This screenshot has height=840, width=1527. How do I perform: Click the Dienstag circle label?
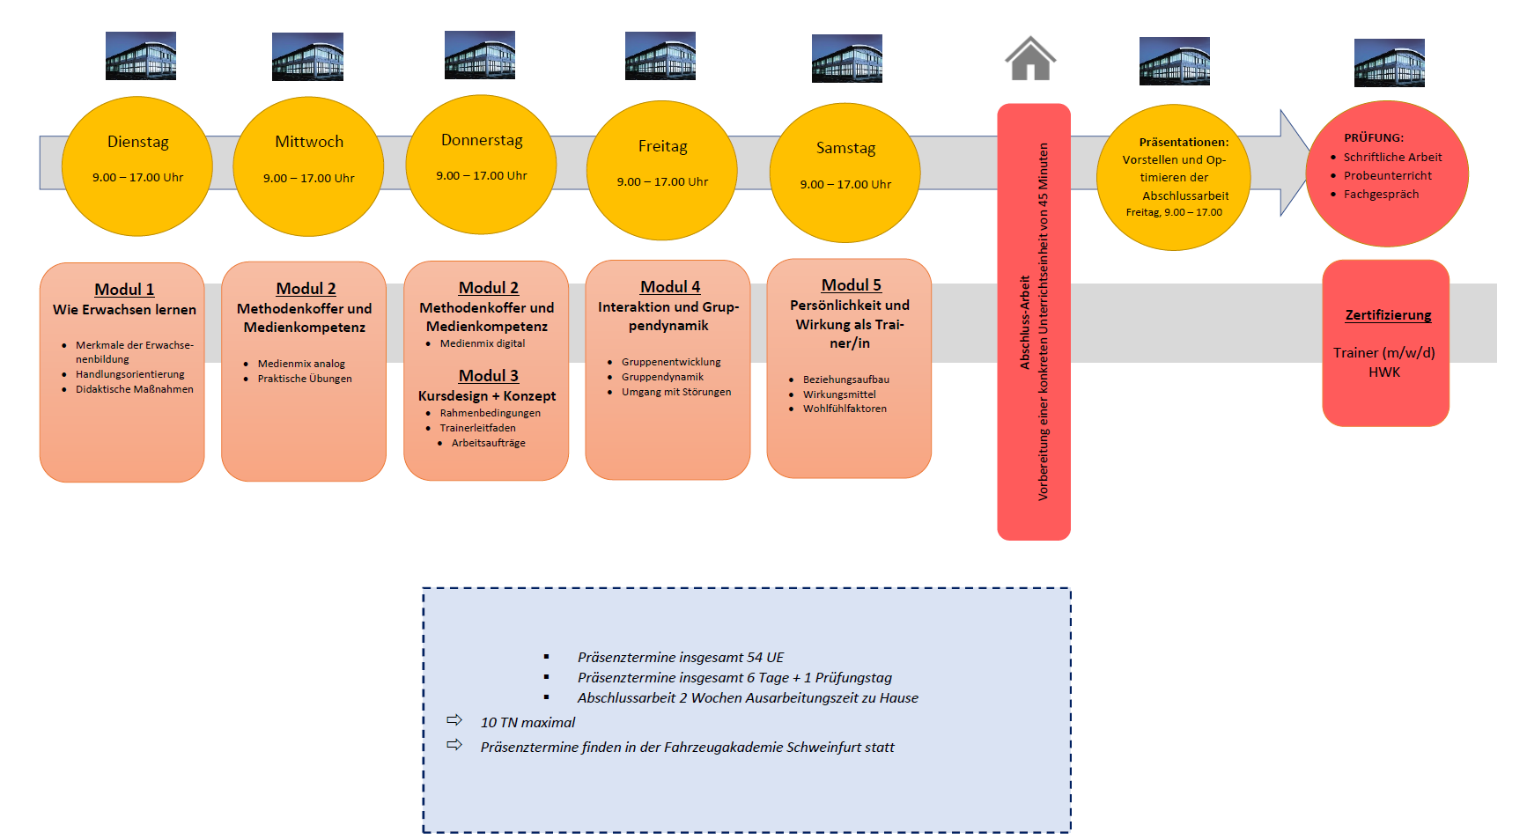(x=137, y=142)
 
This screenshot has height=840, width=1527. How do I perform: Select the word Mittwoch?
(x=309, y=142)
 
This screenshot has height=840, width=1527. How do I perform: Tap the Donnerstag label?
(x=482, y=140)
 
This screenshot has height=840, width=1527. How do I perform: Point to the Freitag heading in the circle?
(x=662, y=146)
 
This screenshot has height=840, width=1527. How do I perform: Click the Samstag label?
(x=845, y=148)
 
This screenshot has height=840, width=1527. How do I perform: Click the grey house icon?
(x=1030, y=59)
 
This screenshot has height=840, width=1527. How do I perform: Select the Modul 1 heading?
(x=124, y=290)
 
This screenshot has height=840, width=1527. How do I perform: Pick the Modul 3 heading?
(x=488, y=376)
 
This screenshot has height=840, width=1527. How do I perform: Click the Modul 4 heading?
(x=669, y=287)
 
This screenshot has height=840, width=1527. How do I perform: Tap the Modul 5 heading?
(x=851, y=285)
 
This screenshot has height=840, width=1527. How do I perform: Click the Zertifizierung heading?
(x=1388, y=315)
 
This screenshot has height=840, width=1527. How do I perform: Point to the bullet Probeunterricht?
(x=1387, y=176)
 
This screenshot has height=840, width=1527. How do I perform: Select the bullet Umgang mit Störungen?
(x=675, y=392)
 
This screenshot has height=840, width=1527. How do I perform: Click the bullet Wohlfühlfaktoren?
(x=844, y=409)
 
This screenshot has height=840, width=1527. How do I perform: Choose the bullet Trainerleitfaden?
(x=477, y=428)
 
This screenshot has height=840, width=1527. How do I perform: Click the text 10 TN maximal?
(x=527, y=723)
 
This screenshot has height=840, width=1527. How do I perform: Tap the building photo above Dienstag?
(x=141, y=56)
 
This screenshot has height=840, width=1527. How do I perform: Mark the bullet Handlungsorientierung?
(x=129, y=374)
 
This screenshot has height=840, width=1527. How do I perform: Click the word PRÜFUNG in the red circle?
(x=1373, y=138)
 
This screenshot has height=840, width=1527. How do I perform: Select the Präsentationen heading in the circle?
(x=1183, y=142)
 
